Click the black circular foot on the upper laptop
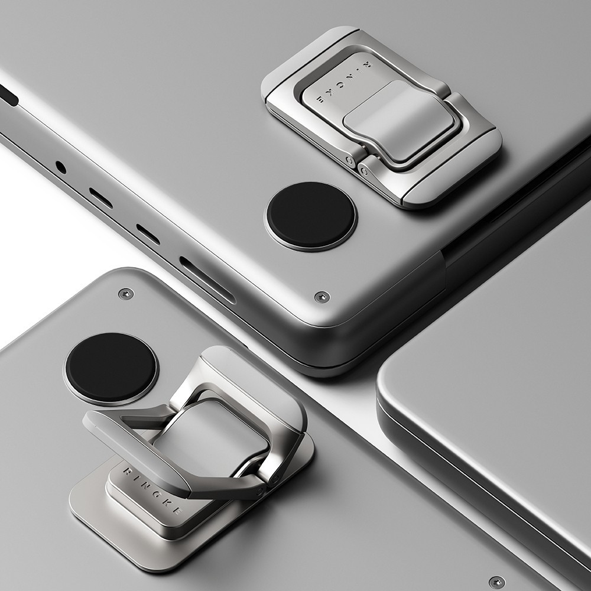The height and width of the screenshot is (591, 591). pyautogui.click(x=311, y=216)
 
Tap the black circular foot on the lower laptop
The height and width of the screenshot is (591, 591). pyautogui.click(x=111, y=367)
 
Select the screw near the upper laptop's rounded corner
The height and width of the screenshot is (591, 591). pyautogui.click(x=322, y=297)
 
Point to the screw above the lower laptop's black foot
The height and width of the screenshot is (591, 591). pyautogui.click(x=126, y=294)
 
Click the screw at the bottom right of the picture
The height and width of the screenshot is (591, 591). pyautogui.click(x=497, y=582)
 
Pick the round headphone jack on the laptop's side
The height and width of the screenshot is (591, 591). pyautogui.click(x=61, y=167)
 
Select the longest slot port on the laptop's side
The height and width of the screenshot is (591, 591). pyautogui.click(x=207, y=280)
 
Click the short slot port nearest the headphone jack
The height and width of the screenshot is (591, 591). pyautogui.click(x=100, y=198)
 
